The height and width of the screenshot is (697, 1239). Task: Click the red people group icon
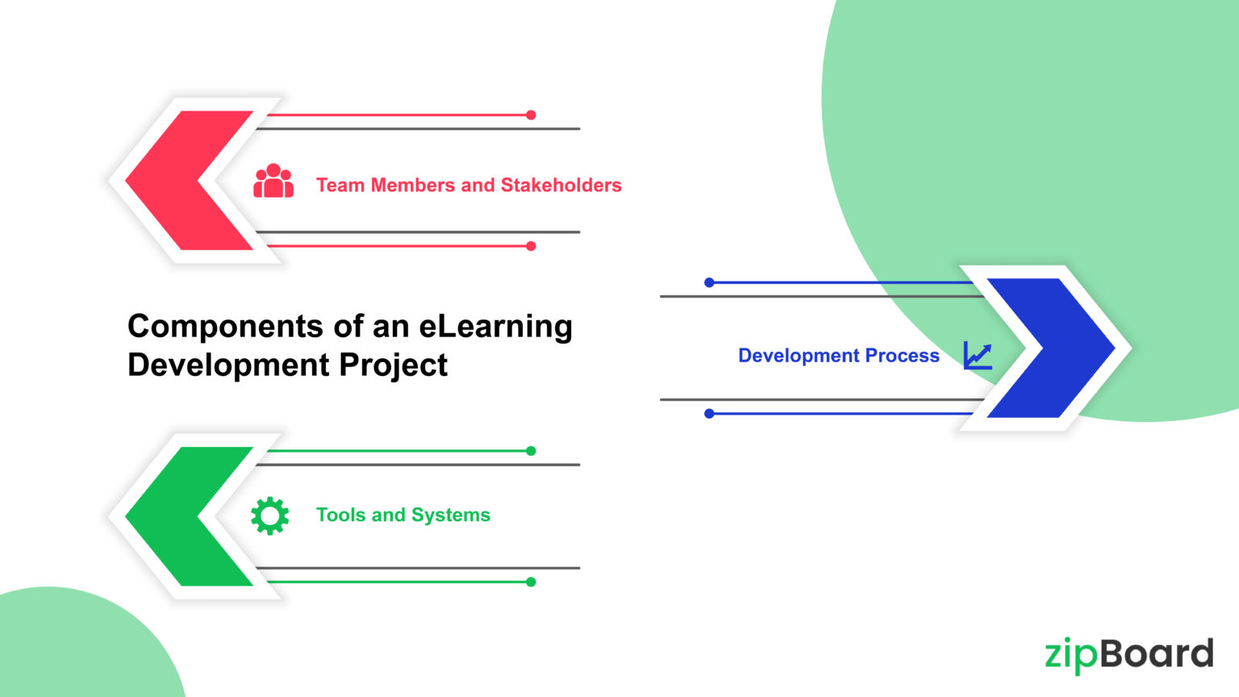273,182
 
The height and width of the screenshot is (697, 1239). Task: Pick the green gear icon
269,515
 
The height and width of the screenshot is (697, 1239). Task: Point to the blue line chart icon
978,355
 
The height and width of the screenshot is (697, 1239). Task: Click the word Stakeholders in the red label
561,186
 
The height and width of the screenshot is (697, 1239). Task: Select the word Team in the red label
340,186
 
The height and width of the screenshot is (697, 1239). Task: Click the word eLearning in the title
495,327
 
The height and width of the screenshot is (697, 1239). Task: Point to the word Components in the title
225,327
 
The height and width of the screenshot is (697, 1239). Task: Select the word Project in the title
393,365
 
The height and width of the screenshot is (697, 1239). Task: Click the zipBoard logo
1128,654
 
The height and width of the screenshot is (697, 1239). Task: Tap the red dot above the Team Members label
531,115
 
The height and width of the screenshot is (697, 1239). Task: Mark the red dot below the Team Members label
531,246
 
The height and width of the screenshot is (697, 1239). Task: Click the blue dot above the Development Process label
709,282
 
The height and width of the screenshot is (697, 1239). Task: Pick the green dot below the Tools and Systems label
531,582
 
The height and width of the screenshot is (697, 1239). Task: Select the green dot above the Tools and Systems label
531,451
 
